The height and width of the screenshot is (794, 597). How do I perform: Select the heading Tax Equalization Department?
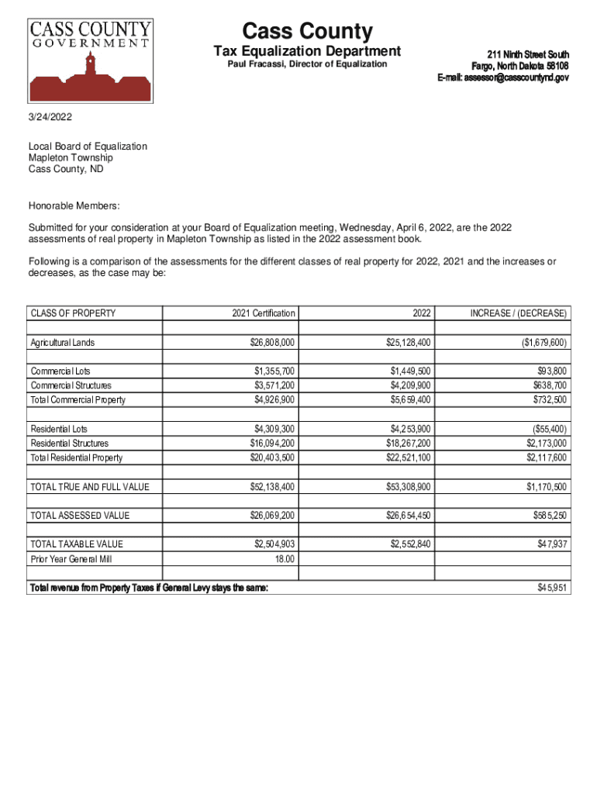tap(307, 51)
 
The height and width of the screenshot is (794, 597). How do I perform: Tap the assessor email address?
tap(502, 78)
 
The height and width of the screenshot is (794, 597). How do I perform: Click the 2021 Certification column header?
tap(263, 313)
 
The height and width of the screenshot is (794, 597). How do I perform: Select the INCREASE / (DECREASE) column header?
tap(518, 313)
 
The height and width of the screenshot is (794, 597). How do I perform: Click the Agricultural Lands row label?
tap(63, 342)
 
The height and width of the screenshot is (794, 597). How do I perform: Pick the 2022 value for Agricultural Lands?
tap(410, 342)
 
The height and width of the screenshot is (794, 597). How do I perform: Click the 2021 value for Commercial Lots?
tap(274, 371)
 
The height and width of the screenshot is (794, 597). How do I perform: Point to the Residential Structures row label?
tap(71, 444)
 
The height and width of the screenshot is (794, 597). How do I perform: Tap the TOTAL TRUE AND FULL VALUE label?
tap(90, 487)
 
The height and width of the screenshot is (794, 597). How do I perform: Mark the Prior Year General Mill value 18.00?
tap(284, 559)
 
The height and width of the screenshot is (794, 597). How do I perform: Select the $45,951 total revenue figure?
tap(551, 588)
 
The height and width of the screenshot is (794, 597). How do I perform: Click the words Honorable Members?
tap(74, 205)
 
